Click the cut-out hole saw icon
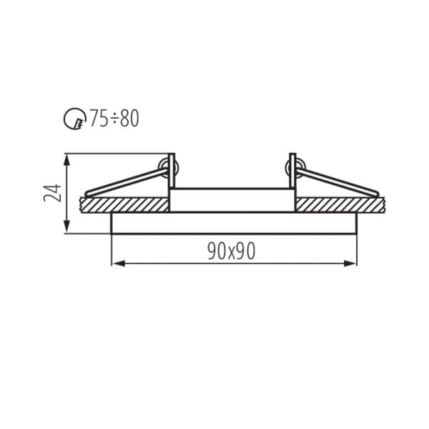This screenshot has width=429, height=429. [x=74, y=119]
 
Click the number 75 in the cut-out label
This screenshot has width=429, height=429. [x=99, y=119]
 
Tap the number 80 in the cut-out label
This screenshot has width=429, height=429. [x=129, y=119]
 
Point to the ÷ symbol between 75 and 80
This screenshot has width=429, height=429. [x=114, y=119]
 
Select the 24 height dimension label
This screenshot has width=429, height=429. [x=52, y=193]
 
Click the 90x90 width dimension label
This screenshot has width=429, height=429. [x=232, y=251]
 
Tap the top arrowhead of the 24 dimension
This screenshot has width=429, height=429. [x=66, y=160]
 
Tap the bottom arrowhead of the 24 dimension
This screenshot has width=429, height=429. [x=66, y=227]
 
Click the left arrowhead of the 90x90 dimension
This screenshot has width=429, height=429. [x=118, y=263]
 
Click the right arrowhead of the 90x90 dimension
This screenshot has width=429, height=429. [x=350, y=263]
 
